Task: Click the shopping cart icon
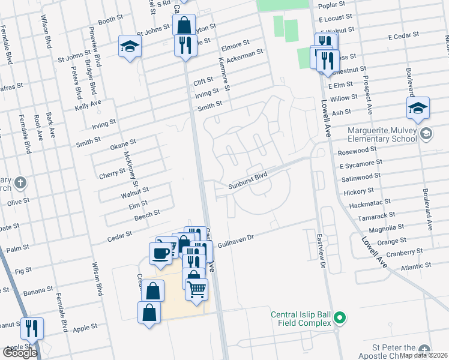click(x=196, y=290)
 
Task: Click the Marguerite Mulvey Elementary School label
click(x=382, y=135)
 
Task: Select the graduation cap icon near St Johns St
click(x=130, y=47)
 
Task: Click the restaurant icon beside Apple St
click(x=32, y=328)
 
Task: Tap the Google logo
click(x=20, y=353)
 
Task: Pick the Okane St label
click(x=123, y=146)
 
